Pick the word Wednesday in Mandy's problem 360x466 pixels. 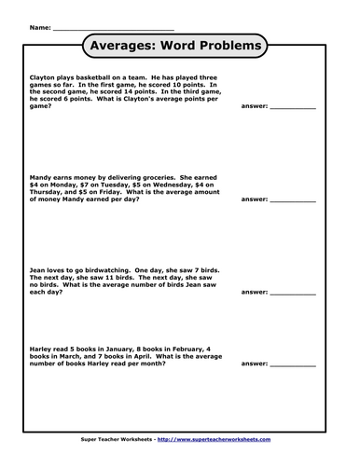(x=162, y=185)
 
